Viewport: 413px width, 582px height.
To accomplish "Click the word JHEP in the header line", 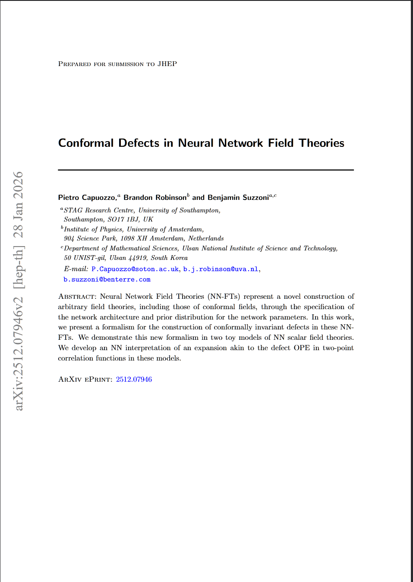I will coord(167,64).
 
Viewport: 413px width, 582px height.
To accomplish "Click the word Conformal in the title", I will coord(86,143).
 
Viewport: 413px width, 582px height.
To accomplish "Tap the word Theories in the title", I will coord(322,143).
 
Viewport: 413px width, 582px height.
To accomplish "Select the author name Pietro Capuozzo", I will coord(87,197).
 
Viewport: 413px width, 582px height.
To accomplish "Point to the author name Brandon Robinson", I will coord(155,197).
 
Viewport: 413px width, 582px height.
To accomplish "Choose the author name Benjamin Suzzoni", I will coord(238,197).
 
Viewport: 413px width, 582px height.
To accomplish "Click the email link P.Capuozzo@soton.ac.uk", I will coord(135,269).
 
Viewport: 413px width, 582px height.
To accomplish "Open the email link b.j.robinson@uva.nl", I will coord(221,269).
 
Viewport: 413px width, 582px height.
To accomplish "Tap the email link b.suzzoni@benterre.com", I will coord(107,279).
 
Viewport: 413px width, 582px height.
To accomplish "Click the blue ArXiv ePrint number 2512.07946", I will coord(134,379).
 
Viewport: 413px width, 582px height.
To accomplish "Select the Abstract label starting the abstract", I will coord(77,297).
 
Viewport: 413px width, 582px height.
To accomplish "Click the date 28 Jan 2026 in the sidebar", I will coord(18,205).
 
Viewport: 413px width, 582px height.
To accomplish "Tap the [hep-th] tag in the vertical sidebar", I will coord(18,267).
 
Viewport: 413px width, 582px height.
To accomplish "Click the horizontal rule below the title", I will coord(206,170).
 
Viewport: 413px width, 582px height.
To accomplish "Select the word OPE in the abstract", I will coord(302,348).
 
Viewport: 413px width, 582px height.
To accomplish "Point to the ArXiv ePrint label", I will coord(85,379).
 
